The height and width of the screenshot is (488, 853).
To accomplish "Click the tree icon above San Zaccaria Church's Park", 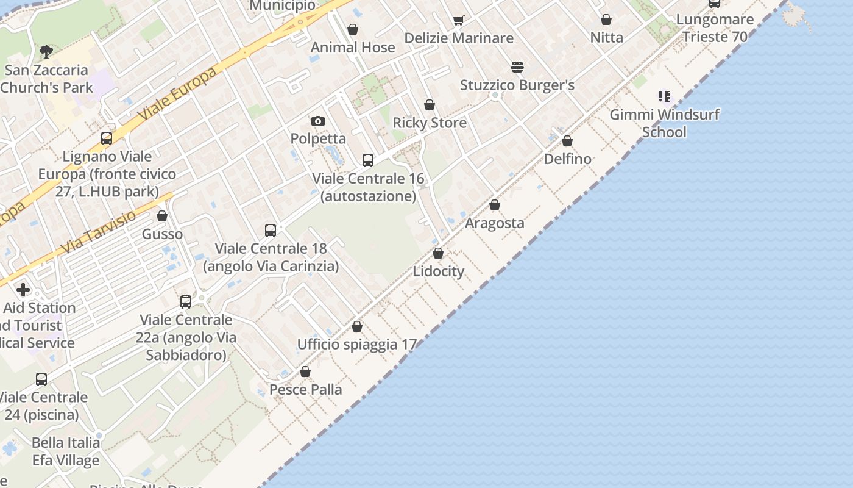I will pos(46,51).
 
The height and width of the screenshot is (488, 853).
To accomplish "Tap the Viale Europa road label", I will pos(177,94).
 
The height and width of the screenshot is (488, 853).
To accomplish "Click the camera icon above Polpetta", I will pos(317,121).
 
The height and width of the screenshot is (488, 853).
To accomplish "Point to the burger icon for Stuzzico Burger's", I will pos(517,67).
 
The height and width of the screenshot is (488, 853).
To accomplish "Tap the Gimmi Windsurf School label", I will pos(665,123).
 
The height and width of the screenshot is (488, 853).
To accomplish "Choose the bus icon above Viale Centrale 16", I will pos(368,160).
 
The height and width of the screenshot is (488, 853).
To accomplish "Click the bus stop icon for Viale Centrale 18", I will pos(271,231).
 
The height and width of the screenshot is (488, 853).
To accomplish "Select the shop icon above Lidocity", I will pos(438,253).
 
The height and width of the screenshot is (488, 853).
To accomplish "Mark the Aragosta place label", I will pos(494,223).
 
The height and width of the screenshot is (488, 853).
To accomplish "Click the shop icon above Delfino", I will pos(567,142).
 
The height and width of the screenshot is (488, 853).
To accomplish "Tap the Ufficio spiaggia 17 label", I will pos(356,345).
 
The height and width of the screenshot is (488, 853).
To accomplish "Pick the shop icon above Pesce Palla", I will pos(305,371).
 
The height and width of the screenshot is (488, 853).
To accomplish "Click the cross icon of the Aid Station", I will pos(23,289).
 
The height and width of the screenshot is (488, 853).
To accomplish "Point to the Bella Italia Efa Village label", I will pos(66,451).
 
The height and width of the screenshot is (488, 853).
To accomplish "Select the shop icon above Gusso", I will pos(162,217).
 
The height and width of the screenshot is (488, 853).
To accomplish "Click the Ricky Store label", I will pos(430,123).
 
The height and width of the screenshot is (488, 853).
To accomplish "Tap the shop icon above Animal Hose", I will pos(353,29).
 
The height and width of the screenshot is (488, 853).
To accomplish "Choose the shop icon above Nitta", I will pos(606,20).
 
